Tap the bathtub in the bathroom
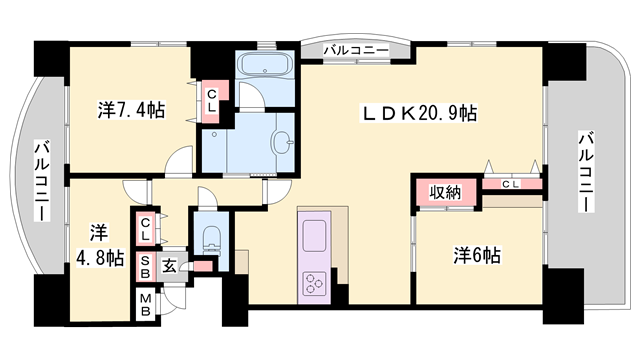tap(265, 67)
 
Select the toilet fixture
tap(211, 239)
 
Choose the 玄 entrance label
tap(170, 264)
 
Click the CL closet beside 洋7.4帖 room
tap(213, 101)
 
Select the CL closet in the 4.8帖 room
tap(146, 231)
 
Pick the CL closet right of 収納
tap(510, 184)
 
